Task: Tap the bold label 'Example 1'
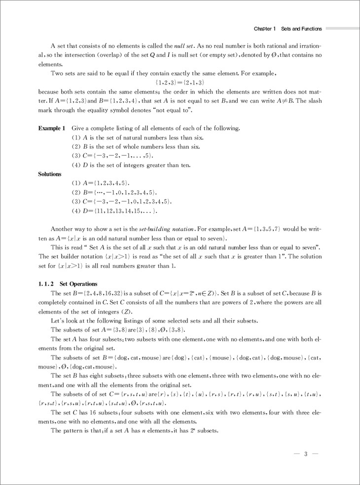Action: tap(51, 128)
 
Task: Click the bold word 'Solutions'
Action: tap(50, 174)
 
